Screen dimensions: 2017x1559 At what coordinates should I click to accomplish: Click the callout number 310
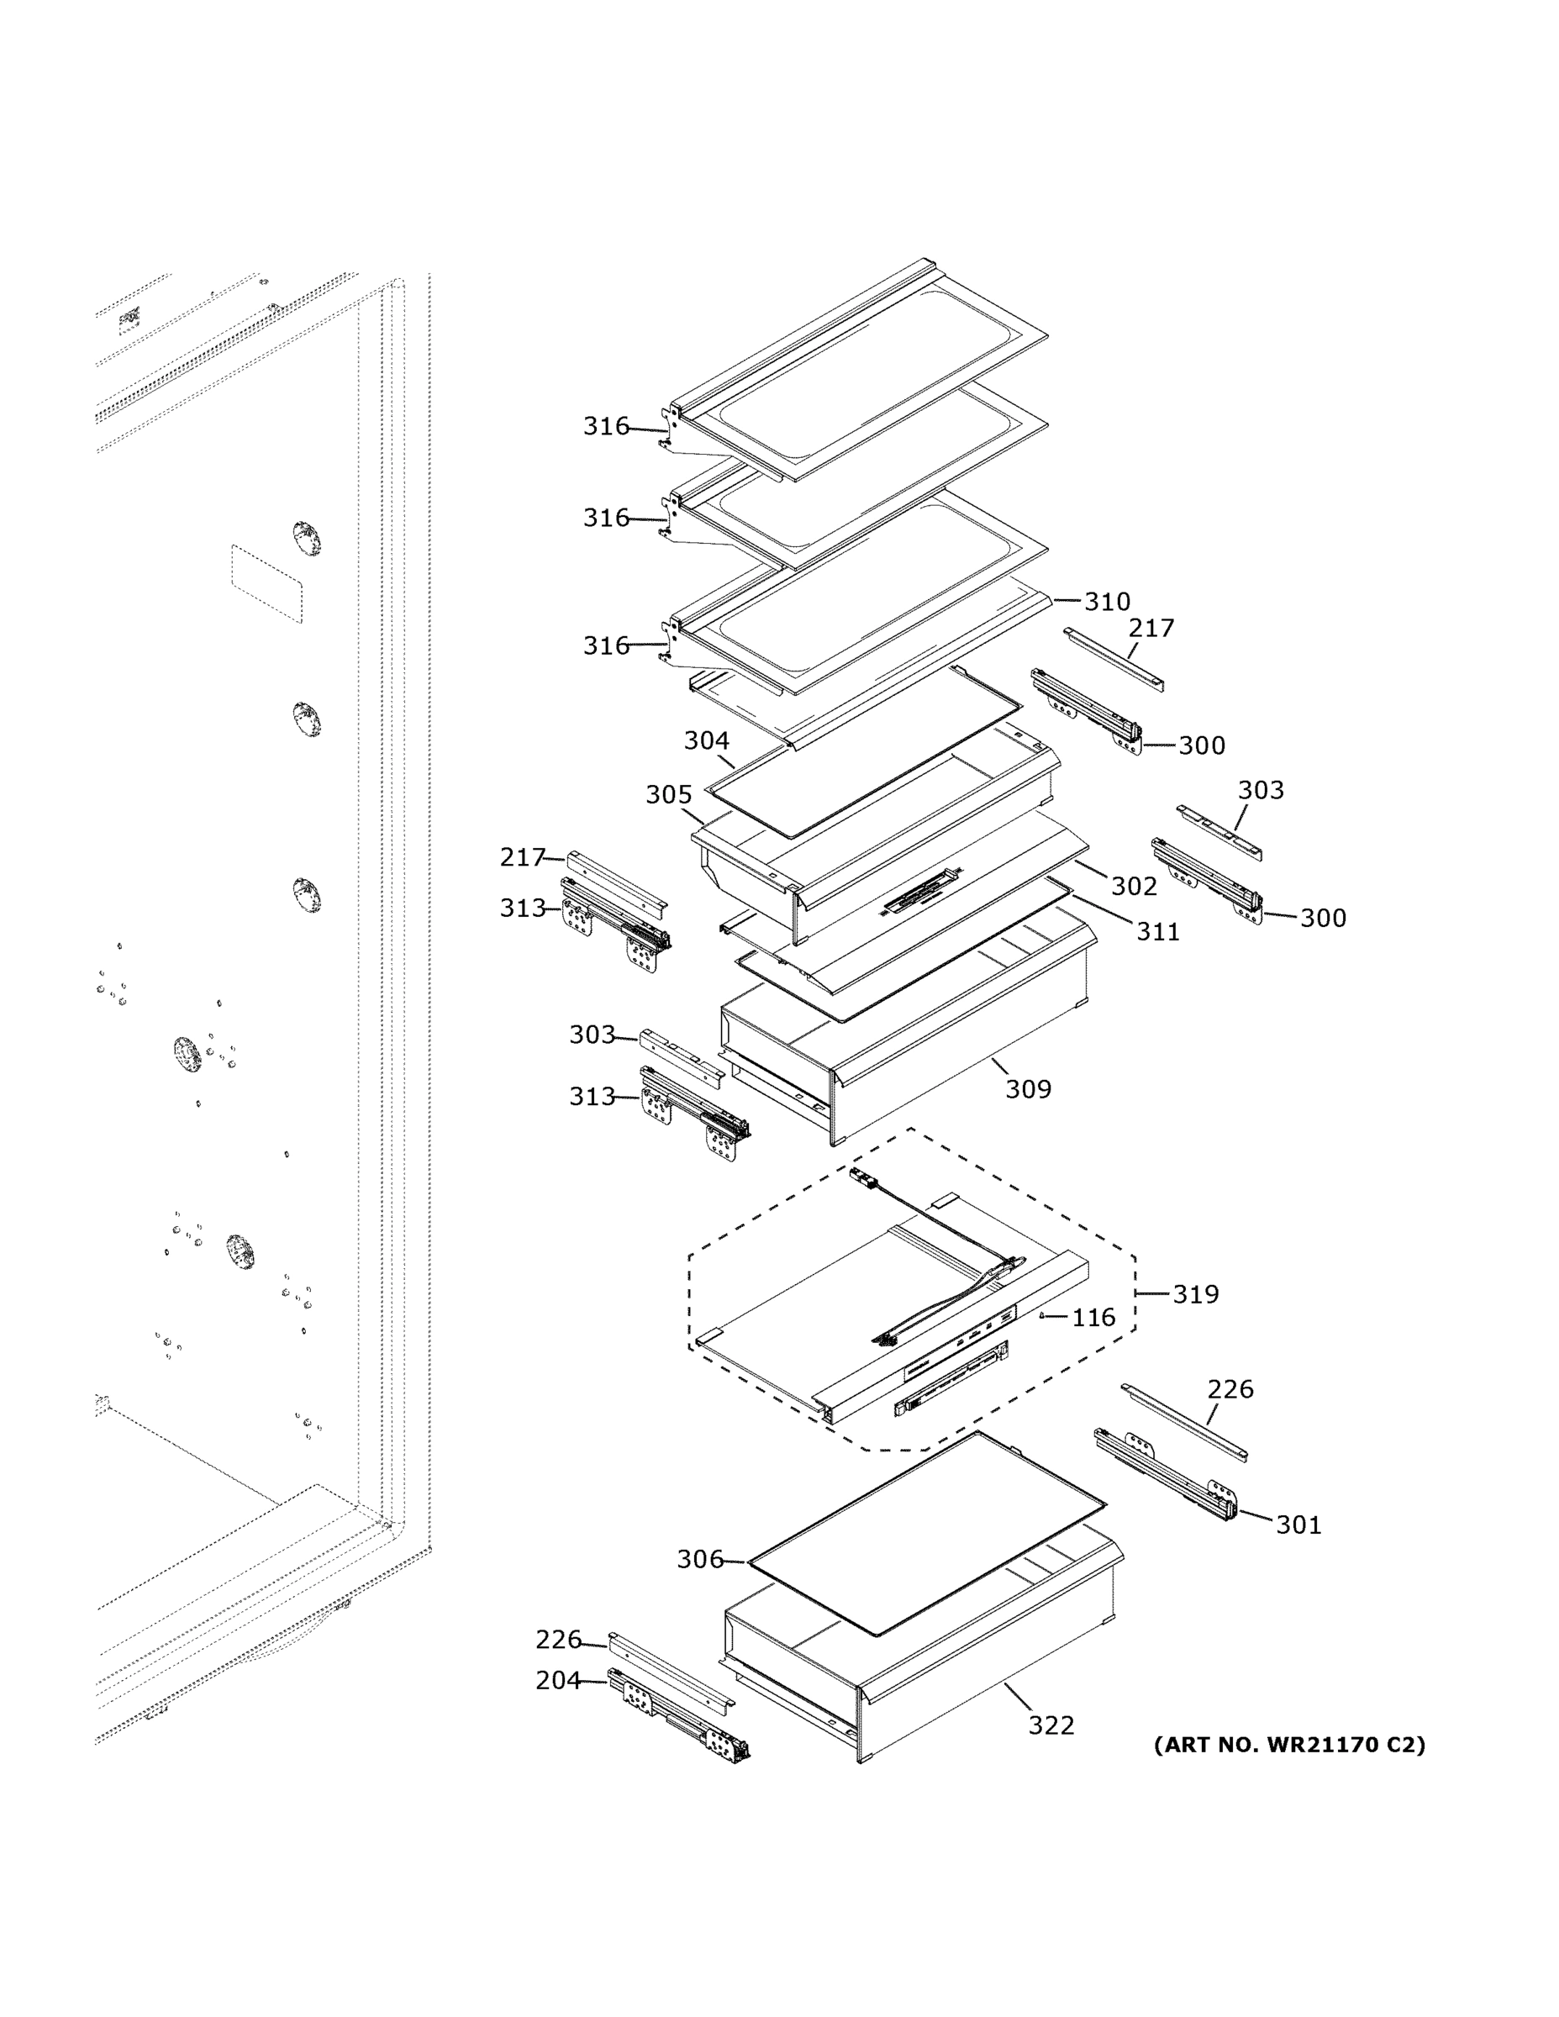click(x=1107, y=601)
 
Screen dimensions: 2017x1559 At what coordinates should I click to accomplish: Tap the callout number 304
click(x=707, y=740)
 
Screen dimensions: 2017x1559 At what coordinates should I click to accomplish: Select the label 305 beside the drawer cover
click(x=669, y=794)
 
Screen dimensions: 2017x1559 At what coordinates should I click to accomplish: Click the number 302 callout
click(x=1133, y=886)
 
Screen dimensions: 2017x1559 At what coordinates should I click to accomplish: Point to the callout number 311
click(x=1157, y=931)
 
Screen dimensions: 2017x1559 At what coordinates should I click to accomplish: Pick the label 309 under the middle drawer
click(x=1028, y=1089)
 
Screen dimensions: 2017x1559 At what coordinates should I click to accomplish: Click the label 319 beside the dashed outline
click(x=1195, y=1294)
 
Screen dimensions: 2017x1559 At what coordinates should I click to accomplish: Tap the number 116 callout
click(x=1093, y=1317)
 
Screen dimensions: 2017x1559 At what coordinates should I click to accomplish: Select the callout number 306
click(x=700, y=1559)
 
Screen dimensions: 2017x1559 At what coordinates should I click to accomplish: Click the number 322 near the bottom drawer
click(x=1051, y=1725)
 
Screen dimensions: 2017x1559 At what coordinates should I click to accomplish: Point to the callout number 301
click(x=1298, y=1525)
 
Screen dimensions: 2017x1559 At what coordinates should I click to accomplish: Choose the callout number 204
click(x=558, y=1680)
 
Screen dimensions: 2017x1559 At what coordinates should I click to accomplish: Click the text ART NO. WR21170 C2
click(x=1288, y=1745)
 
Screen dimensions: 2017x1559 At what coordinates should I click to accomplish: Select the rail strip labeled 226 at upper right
click(x=1184, y=1422)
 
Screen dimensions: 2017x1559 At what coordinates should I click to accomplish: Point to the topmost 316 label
click(x=606, y=426)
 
